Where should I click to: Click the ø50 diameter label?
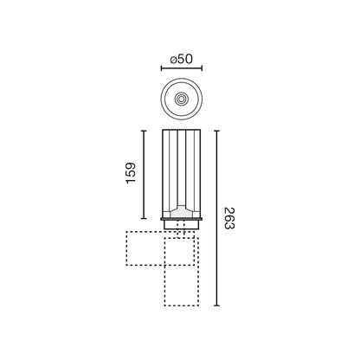181,60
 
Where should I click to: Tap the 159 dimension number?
131,173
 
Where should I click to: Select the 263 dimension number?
229,218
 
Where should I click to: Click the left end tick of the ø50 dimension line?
161,68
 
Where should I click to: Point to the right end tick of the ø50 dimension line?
202,68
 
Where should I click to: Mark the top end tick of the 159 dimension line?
144,131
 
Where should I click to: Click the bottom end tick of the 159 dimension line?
144,218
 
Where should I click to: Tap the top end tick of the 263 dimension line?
217,131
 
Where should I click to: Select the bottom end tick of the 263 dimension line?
217,305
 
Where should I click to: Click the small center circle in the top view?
182,99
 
